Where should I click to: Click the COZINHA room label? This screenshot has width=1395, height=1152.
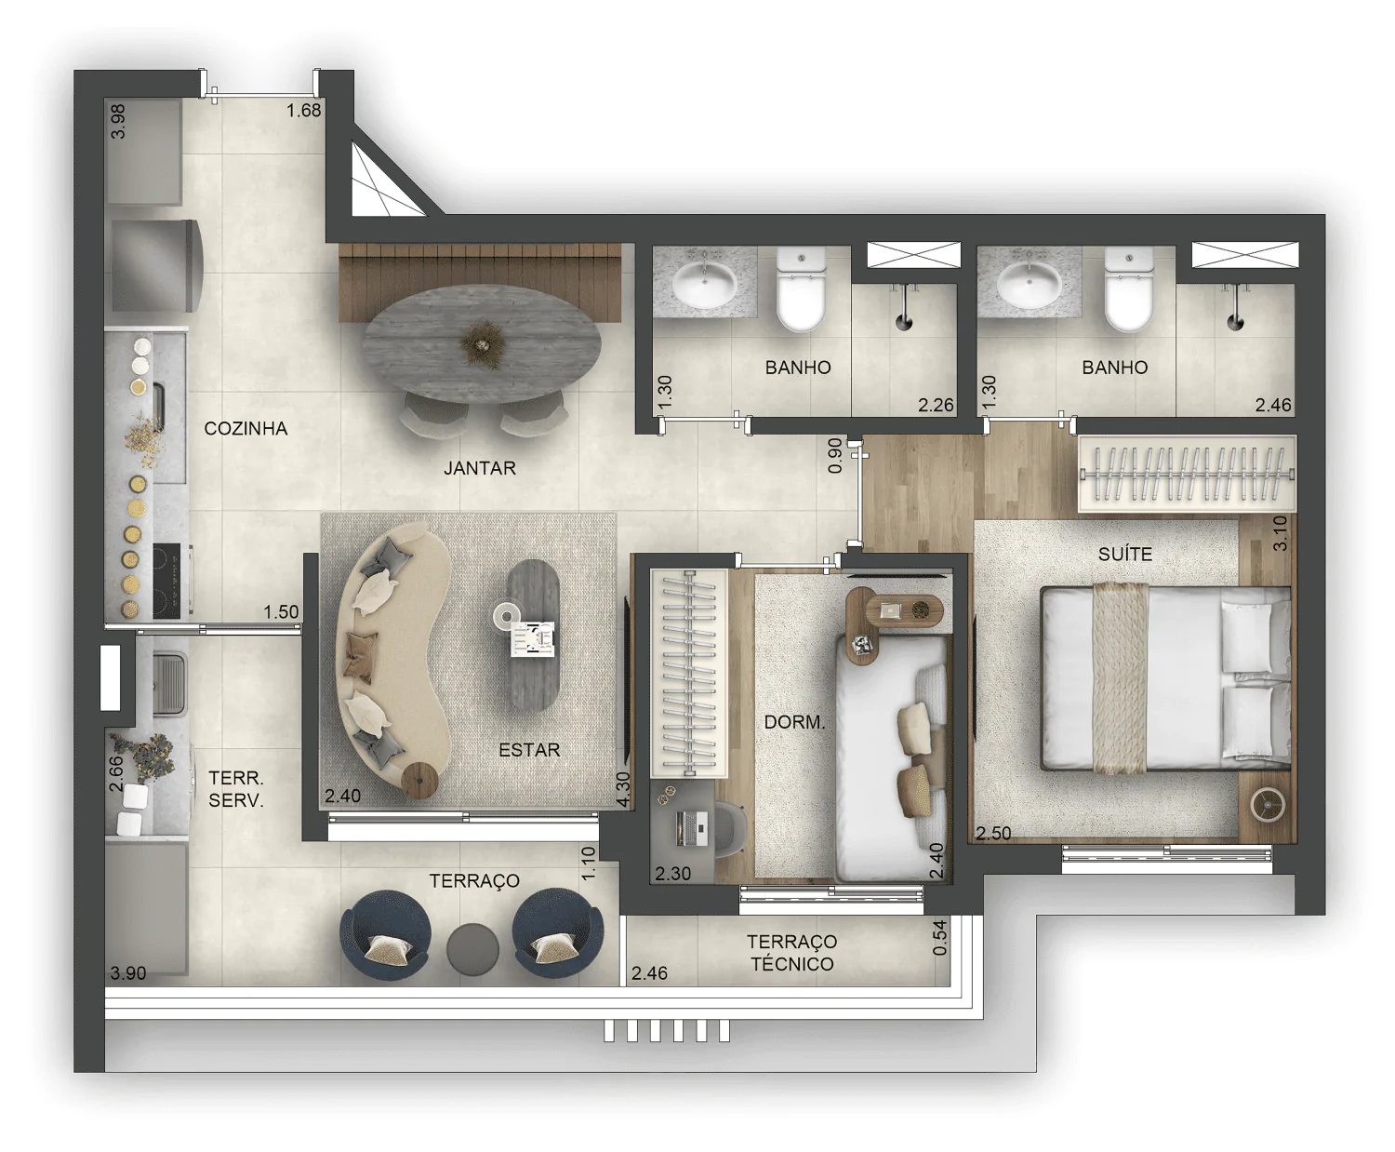click(x=246, y=429)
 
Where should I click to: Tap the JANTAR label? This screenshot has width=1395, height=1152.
click(x=480, y=468)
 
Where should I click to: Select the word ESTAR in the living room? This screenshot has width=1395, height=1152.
click(x=529, y=749)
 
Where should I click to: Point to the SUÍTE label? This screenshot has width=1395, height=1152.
click(x=1125, y=554)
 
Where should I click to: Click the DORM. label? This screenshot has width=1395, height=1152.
click(x=794, y=722)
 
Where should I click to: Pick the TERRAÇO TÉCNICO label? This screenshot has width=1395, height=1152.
click(x=791, y=953)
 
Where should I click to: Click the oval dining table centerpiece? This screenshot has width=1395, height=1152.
click(x=481, y=343)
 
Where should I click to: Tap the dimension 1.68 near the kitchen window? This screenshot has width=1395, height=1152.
click(x=304, y=111)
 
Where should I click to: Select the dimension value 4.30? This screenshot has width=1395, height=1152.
click(x=622, y=790)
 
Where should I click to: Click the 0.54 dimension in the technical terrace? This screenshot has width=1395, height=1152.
click(x=939, y=938)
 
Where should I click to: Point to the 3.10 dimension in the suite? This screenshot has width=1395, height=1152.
click(x=1280, y=533)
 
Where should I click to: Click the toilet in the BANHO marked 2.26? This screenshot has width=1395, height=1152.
click(x=801, y=288)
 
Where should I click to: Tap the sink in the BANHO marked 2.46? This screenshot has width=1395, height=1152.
click(x=1028, y=284)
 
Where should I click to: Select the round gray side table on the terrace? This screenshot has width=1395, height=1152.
click(x=472, y=949)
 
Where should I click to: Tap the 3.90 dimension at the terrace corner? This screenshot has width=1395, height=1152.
click(x=127, y=972)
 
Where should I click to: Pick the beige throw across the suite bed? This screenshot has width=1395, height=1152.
click(x=1120, y=677)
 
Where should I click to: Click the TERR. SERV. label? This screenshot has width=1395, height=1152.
click(x=236, y=789)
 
